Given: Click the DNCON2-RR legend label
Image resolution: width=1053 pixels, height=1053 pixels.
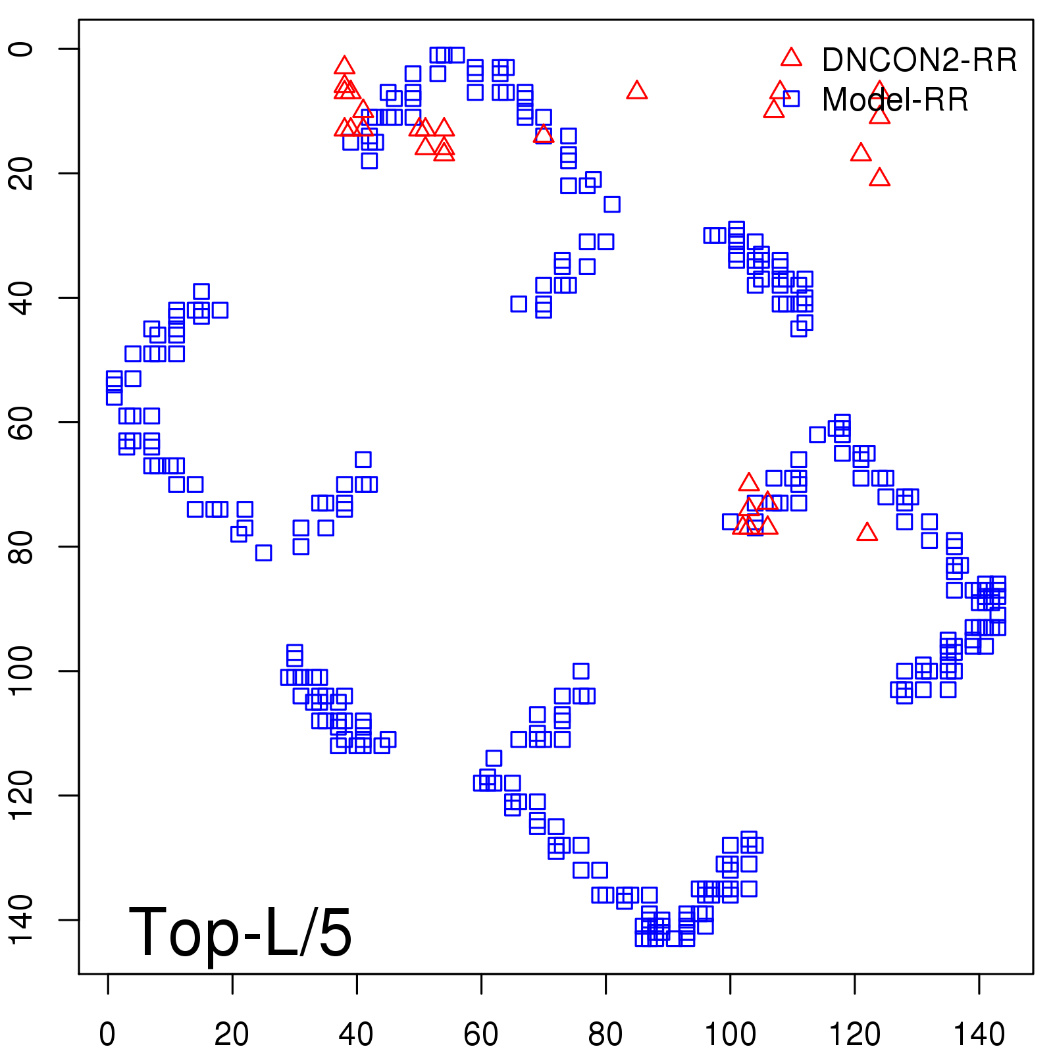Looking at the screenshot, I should (x=919, y=61).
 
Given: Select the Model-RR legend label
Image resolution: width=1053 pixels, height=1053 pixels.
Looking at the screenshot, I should (x=895, y=100).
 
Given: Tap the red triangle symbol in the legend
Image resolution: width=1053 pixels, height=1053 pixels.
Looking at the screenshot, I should (x=791, y=57).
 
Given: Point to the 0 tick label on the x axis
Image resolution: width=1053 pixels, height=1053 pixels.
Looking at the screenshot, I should (x=107, y=1035).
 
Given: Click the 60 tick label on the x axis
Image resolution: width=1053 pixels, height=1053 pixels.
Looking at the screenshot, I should (x=481, y=1035).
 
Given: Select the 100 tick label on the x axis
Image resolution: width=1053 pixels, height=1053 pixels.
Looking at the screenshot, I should (x=730, y=1035).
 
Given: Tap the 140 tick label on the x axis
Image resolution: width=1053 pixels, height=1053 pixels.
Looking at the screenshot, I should (x=979, y=1035).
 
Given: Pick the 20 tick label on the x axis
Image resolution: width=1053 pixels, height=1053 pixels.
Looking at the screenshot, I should (x=232, y=1035).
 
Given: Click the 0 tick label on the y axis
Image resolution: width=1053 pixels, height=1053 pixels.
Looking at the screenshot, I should (x=21, y=49).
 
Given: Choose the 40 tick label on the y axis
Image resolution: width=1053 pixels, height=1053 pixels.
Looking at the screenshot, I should (x=21, y=297).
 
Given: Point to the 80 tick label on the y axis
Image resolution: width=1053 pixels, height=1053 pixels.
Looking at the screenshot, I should (x=21, y=546).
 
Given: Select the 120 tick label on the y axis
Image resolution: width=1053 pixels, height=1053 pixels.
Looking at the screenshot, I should (x=21, y=795).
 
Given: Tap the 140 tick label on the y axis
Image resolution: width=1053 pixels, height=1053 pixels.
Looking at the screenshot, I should (x=21, y=919).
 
